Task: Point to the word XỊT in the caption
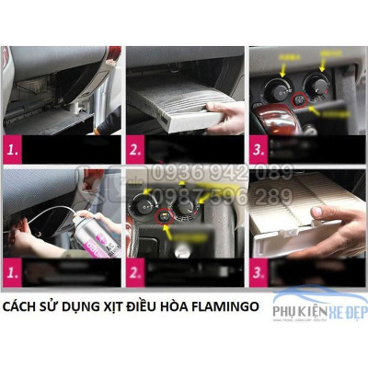101,305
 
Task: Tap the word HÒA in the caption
165,305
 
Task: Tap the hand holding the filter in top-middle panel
224,115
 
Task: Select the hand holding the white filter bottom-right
331,221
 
